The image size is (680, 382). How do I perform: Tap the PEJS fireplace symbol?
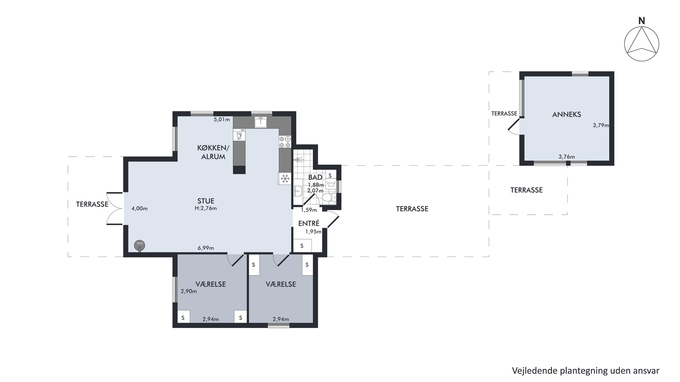[x=140, y=246]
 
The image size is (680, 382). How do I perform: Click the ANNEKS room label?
[x=566, y=114]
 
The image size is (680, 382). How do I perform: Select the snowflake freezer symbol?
[x=285, y=179]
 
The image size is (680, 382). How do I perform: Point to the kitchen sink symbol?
[x=261, y=122]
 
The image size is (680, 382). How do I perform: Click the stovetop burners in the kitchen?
[x=285, y=142]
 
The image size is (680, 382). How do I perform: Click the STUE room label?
[x=206, y=201]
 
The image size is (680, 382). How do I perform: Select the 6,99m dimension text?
[x=206, y=248]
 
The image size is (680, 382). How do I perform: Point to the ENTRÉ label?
[x=309, y=223]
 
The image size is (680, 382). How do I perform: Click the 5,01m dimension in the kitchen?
[x=222, y=119]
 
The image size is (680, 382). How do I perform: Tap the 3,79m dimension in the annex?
[x=601, y=125]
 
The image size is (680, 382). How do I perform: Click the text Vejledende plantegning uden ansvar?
[x=585, y=371]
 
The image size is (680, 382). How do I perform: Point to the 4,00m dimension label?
[x=139, y=209]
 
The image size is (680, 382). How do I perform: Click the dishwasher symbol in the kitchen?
[x=239, y=135]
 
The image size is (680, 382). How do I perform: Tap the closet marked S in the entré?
[x=302, y=246]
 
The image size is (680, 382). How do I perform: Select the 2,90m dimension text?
[x=189, y=292]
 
